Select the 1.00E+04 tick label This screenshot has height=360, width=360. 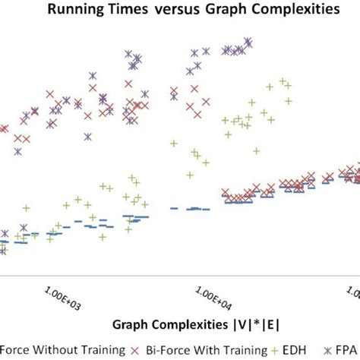click(210, 293)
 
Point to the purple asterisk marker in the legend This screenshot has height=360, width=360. click(328, 350)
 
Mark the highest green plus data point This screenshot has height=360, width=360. click(283, 81)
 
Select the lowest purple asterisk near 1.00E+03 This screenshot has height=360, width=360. click(87, 137)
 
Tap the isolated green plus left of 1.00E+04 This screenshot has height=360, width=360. click(174, 143)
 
